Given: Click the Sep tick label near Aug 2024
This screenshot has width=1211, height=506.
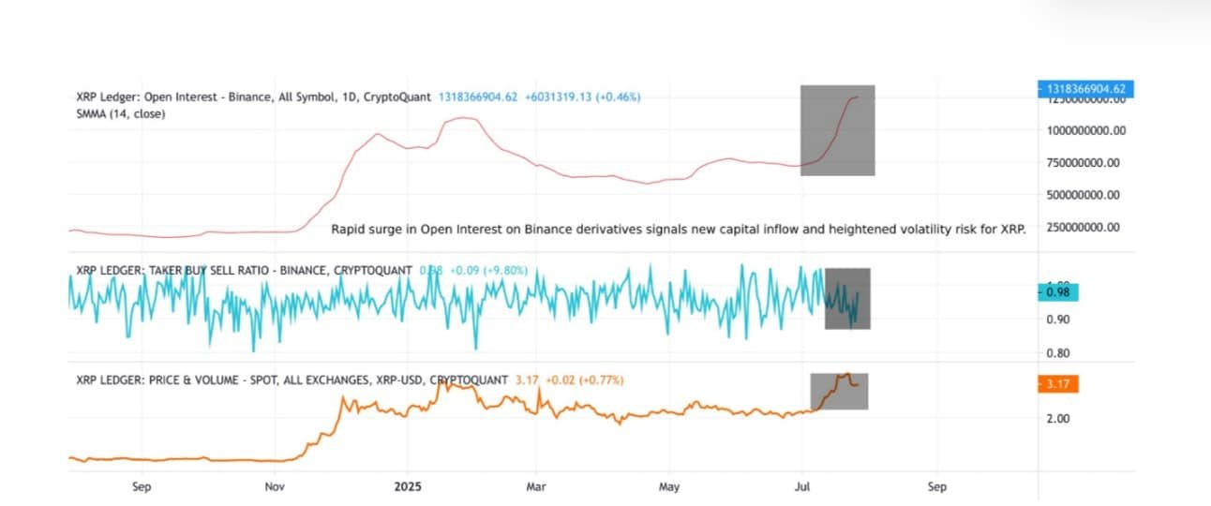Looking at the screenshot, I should coord(142,487).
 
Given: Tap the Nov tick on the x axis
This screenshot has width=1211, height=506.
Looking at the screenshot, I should coord(275,487).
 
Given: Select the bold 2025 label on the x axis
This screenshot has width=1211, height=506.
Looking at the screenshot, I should coord(408,487).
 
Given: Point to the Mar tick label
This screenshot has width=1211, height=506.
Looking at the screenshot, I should coord(536,487).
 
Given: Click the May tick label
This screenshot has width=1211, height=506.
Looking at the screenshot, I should coord(669,487).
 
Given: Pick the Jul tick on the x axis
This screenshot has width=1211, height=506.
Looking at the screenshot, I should coord(802,487).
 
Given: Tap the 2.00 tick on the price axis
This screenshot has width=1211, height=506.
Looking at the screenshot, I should coord(1057,419).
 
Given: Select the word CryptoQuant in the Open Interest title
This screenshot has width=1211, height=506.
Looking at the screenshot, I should coord(397,97).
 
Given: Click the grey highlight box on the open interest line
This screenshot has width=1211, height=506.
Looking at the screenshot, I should coord(837,130).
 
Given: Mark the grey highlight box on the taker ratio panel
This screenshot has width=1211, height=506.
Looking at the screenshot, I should coord(847,299).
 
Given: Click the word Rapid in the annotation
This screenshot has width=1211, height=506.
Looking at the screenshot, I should coord(349,229).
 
